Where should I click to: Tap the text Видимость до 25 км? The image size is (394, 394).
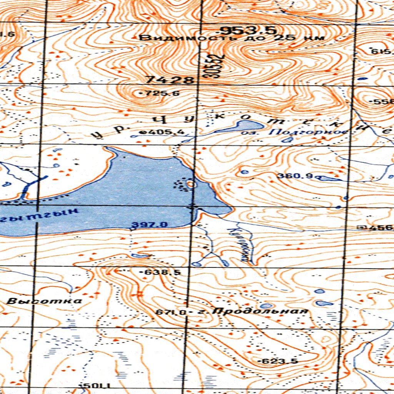pos(232,38)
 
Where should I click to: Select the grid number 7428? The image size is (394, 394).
pos(170,80)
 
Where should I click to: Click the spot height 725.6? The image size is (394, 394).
pos(157,93)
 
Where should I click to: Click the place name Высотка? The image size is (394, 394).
pos(44,301)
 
